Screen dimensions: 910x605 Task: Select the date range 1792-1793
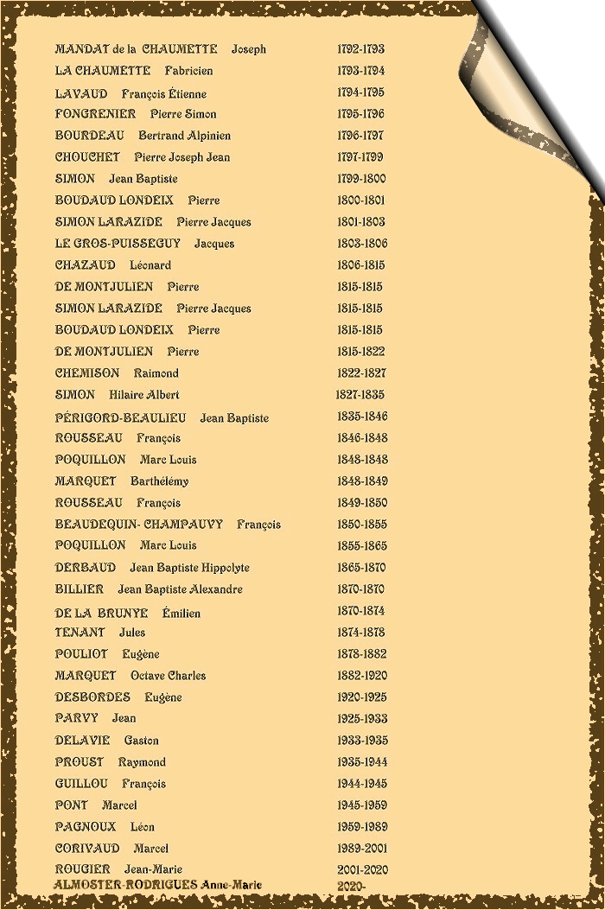360,49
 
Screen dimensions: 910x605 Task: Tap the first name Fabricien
188,71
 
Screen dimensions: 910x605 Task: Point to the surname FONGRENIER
95,114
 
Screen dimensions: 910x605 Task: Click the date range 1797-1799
360,157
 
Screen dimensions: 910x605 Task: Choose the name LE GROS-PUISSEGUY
118,244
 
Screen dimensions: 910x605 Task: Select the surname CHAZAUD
85,265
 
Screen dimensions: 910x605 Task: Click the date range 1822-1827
361,373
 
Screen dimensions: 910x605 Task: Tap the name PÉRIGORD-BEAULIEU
120,417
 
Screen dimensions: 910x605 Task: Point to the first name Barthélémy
159,481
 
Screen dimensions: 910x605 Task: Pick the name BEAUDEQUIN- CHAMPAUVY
138,525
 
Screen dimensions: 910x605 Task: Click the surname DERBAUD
85,568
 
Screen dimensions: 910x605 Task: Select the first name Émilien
181,614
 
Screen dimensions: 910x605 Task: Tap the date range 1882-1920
361,676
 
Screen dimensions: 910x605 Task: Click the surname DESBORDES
92,697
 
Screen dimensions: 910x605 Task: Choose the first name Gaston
141,741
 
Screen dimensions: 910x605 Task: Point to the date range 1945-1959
361,805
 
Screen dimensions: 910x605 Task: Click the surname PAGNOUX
86,827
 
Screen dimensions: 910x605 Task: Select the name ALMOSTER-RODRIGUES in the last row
126,885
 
